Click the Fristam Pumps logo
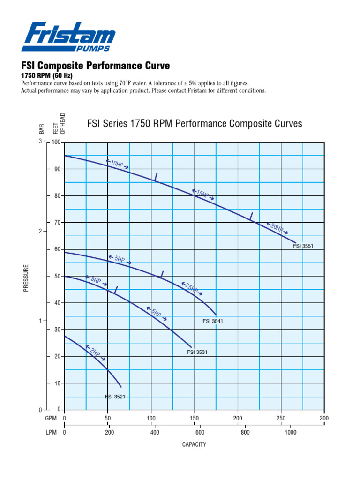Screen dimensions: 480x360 (68, 36)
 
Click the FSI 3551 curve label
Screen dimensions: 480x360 (303, 246)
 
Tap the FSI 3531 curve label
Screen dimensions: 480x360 (197, 352)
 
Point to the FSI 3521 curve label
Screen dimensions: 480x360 (115, 397)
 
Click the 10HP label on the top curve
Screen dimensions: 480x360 (117, 164)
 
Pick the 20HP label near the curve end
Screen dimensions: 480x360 (277, 228)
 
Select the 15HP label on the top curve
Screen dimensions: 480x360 (203, 194)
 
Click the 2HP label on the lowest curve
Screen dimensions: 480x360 (95, 353)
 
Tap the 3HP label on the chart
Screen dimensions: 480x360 (96, 280)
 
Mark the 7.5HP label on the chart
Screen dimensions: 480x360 (192, 288)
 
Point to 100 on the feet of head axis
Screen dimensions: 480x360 (56, 142)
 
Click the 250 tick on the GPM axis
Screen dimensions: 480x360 (281, 418)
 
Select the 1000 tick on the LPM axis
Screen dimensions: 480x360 (290, 433)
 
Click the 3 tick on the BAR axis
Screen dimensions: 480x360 (40, 141)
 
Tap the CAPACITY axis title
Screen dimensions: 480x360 (194, 444)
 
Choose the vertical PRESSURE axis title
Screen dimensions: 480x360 (26, 278)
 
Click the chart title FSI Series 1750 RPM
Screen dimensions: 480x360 (195, 124)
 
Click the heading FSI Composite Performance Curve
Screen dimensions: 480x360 (96, 65)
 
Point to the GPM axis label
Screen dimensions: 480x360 (51, 418)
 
